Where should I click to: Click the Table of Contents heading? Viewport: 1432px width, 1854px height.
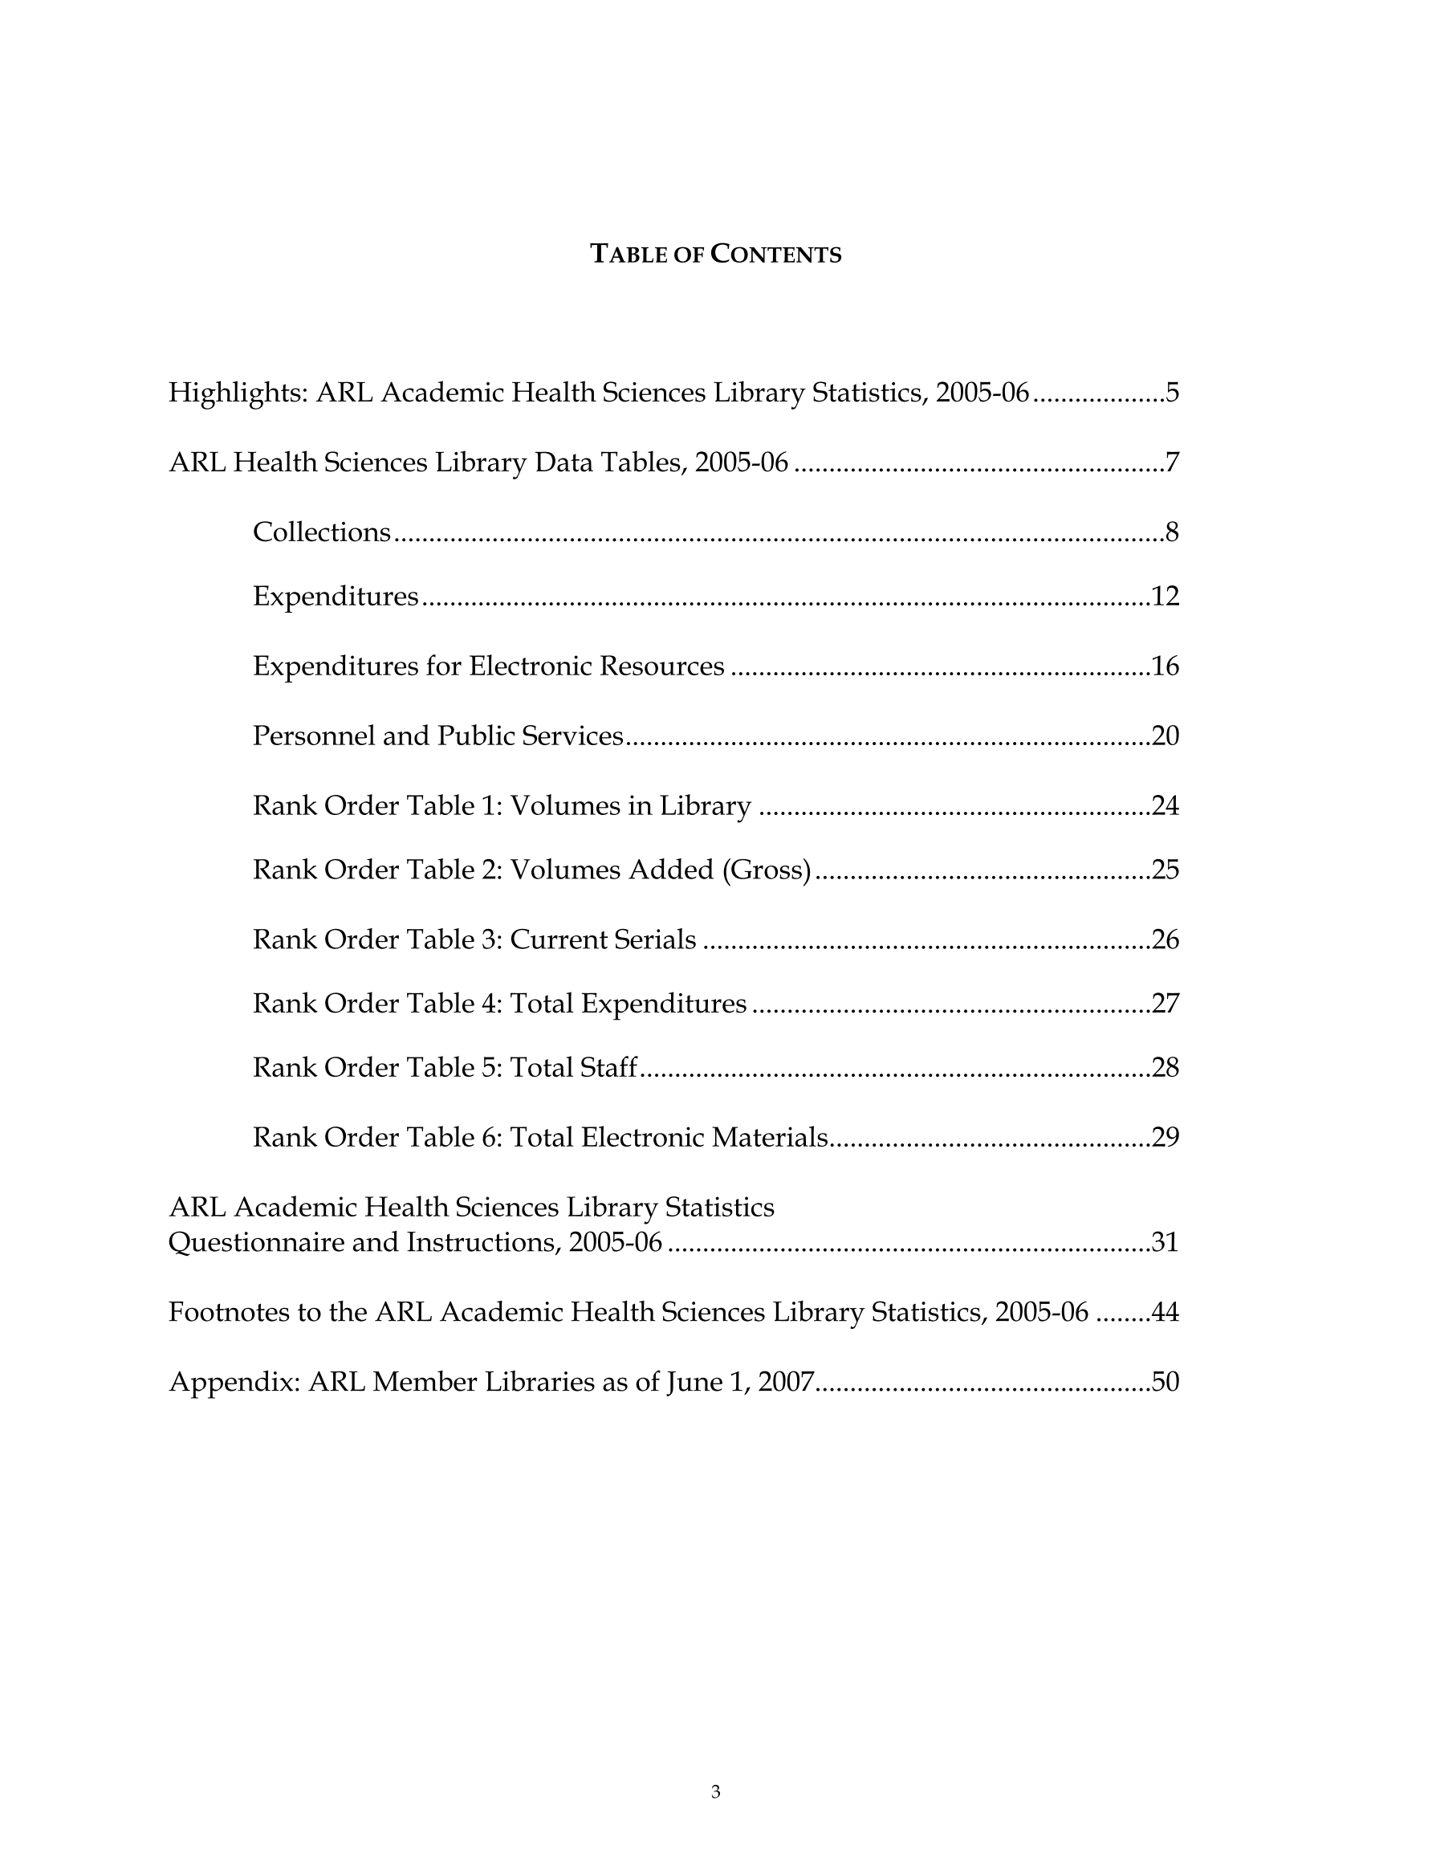click(715, 254)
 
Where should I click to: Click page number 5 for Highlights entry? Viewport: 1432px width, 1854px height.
click(1171, 393)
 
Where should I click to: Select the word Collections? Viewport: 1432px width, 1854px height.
click(322, 532)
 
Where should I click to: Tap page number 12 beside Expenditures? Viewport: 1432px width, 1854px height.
click(1166, 597)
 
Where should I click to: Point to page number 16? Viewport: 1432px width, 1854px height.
click(1166, 666)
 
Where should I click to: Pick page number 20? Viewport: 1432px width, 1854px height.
click(1166, 736)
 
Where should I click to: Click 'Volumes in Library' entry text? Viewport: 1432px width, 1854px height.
click(631, 805)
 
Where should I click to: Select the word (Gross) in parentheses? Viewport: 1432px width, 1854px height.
click(767, 870)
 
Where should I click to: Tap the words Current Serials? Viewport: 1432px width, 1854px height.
click(603, 939)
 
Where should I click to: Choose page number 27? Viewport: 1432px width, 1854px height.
click(1166, 1004)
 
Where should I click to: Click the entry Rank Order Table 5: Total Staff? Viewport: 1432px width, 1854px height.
click(445, 1067)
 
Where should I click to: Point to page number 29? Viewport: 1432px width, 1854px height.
click(1166, 1137)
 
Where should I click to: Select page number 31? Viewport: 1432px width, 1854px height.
click(1166, 1243)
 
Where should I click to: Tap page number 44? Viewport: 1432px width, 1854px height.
click(1166, 1312)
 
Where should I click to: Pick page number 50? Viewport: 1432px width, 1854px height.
click(1166, 1382)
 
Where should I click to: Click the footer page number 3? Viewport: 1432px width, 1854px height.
click(715, 1792)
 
